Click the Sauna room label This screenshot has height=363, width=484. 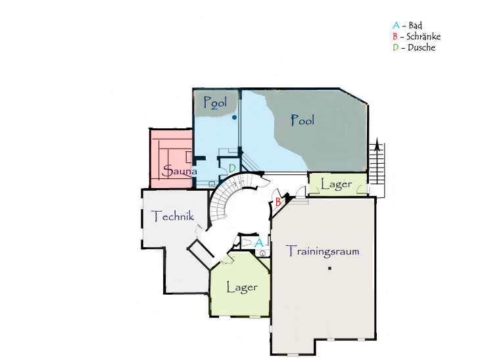pos(180,171)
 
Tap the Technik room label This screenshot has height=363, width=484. pos(172,216)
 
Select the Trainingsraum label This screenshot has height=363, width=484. pos(323,251)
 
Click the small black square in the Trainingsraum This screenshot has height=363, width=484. pos(329,268)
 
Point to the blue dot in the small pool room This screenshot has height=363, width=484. pos(235,117)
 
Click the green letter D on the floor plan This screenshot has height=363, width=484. pos(232,168)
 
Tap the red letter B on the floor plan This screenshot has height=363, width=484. pos(278,202)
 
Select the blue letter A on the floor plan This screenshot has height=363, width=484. pos(258,243)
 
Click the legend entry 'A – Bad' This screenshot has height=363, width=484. pos(408,25)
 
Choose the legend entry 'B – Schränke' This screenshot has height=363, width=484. pos(417,36)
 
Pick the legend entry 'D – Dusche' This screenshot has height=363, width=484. pos(414,47)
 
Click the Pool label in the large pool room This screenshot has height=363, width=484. pos(302,120)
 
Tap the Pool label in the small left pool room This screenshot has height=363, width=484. pos(216,103)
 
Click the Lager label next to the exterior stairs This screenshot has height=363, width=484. pos(337,184)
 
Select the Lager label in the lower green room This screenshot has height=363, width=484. pos(242,287)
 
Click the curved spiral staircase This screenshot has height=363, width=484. pos(220,201)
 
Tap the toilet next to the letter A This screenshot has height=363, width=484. pos(246,243)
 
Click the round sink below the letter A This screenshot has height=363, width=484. pos(262,253)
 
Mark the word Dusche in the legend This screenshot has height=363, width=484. pos(422,47)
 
